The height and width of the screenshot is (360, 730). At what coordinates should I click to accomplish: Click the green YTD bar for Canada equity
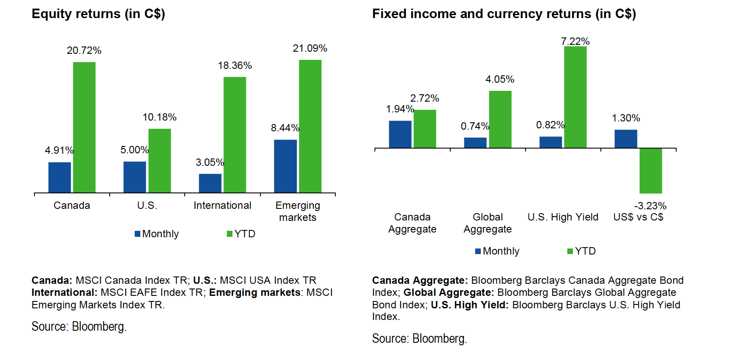(84, 127)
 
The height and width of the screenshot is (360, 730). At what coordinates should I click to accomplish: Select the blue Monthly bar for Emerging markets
(285, 166)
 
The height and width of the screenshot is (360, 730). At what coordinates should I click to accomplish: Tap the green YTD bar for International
(235, 134)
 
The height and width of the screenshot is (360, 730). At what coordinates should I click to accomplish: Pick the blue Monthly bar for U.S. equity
(135, 177)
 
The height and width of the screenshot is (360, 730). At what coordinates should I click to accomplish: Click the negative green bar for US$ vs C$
(651, 171)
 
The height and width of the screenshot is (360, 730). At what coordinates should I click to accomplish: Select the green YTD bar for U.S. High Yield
(575, 97)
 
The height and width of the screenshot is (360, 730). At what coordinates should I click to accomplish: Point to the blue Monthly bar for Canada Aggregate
(400, 134)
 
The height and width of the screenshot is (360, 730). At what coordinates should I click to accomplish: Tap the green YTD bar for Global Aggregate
(500, 119)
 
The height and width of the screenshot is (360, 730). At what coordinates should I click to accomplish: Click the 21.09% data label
(310, 48)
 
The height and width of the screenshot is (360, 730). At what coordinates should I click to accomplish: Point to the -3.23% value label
(650, 206)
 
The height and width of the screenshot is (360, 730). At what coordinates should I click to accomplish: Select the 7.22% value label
(575, 41)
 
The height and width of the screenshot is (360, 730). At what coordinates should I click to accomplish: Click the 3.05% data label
(210, 162)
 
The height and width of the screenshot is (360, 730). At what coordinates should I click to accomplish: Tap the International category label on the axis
(223, 205)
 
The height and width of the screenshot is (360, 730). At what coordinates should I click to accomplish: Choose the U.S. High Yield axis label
(563, 217)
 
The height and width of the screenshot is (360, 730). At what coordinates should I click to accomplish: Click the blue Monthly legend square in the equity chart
(138, 234)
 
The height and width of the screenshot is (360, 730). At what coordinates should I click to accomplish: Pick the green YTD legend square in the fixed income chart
(570, 251)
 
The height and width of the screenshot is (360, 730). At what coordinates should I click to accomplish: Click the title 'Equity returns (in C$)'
(99, 14)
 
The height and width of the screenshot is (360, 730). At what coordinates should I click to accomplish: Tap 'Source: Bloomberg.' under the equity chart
(79, 326)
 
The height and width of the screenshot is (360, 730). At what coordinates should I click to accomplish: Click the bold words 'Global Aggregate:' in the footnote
(449, 292)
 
